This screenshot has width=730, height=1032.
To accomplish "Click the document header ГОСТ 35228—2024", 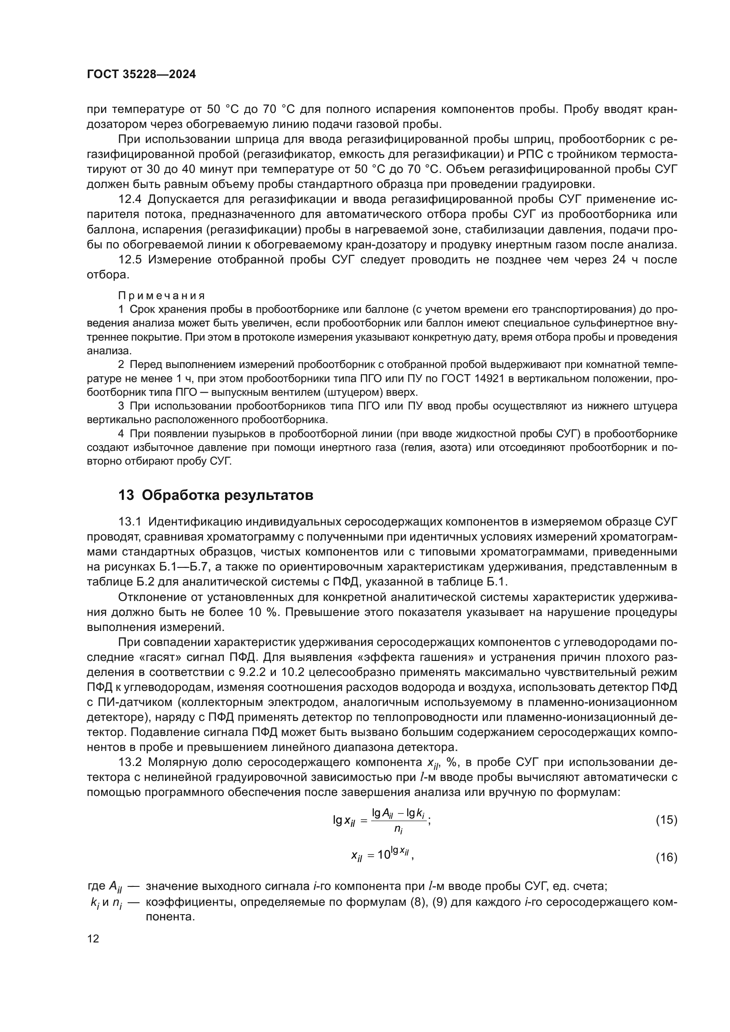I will click(x=141, y=74).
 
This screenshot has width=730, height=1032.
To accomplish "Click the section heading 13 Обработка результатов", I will click(x=216, y=495).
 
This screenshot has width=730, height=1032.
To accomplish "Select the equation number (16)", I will click(x=666, y=858).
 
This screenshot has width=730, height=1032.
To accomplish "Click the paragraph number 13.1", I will click(x=130, y=522).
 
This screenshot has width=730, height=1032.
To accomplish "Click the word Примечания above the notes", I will click(x=162, y=295).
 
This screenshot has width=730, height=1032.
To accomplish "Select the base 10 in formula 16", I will click(x=384, y=855).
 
